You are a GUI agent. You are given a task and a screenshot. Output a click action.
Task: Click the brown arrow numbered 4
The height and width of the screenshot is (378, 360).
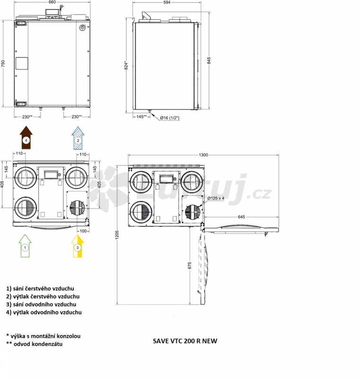click(x=26, y=137)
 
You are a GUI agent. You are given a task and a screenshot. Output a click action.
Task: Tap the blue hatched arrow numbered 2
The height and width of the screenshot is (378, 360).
click(x=78, y=138)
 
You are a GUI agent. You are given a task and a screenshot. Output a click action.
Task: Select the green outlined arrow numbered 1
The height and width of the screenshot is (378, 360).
click(x=25, y=245)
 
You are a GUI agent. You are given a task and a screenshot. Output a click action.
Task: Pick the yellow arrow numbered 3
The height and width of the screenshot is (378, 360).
click(x=78, y=246)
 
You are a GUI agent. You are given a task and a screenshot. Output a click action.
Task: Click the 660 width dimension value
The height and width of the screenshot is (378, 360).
click(x=52, y=2)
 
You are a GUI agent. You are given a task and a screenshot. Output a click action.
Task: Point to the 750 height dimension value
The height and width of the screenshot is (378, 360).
click(x=3, y=63)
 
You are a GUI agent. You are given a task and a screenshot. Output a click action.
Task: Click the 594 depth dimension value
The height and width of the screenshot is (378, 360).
click(x=167, y=2)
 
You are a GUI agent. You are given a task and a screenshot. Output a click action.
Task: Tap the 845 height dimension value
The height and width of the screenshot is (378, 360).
click(x=209, y=60)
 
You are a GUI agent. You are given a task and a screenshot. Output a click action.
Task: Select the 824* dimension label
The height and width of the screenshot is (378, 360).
click(x=126, y=65)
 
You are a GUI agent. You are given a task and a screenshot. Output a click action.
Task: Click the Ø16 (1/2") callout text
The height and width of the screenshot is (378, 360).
click(x=170, y=118)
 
